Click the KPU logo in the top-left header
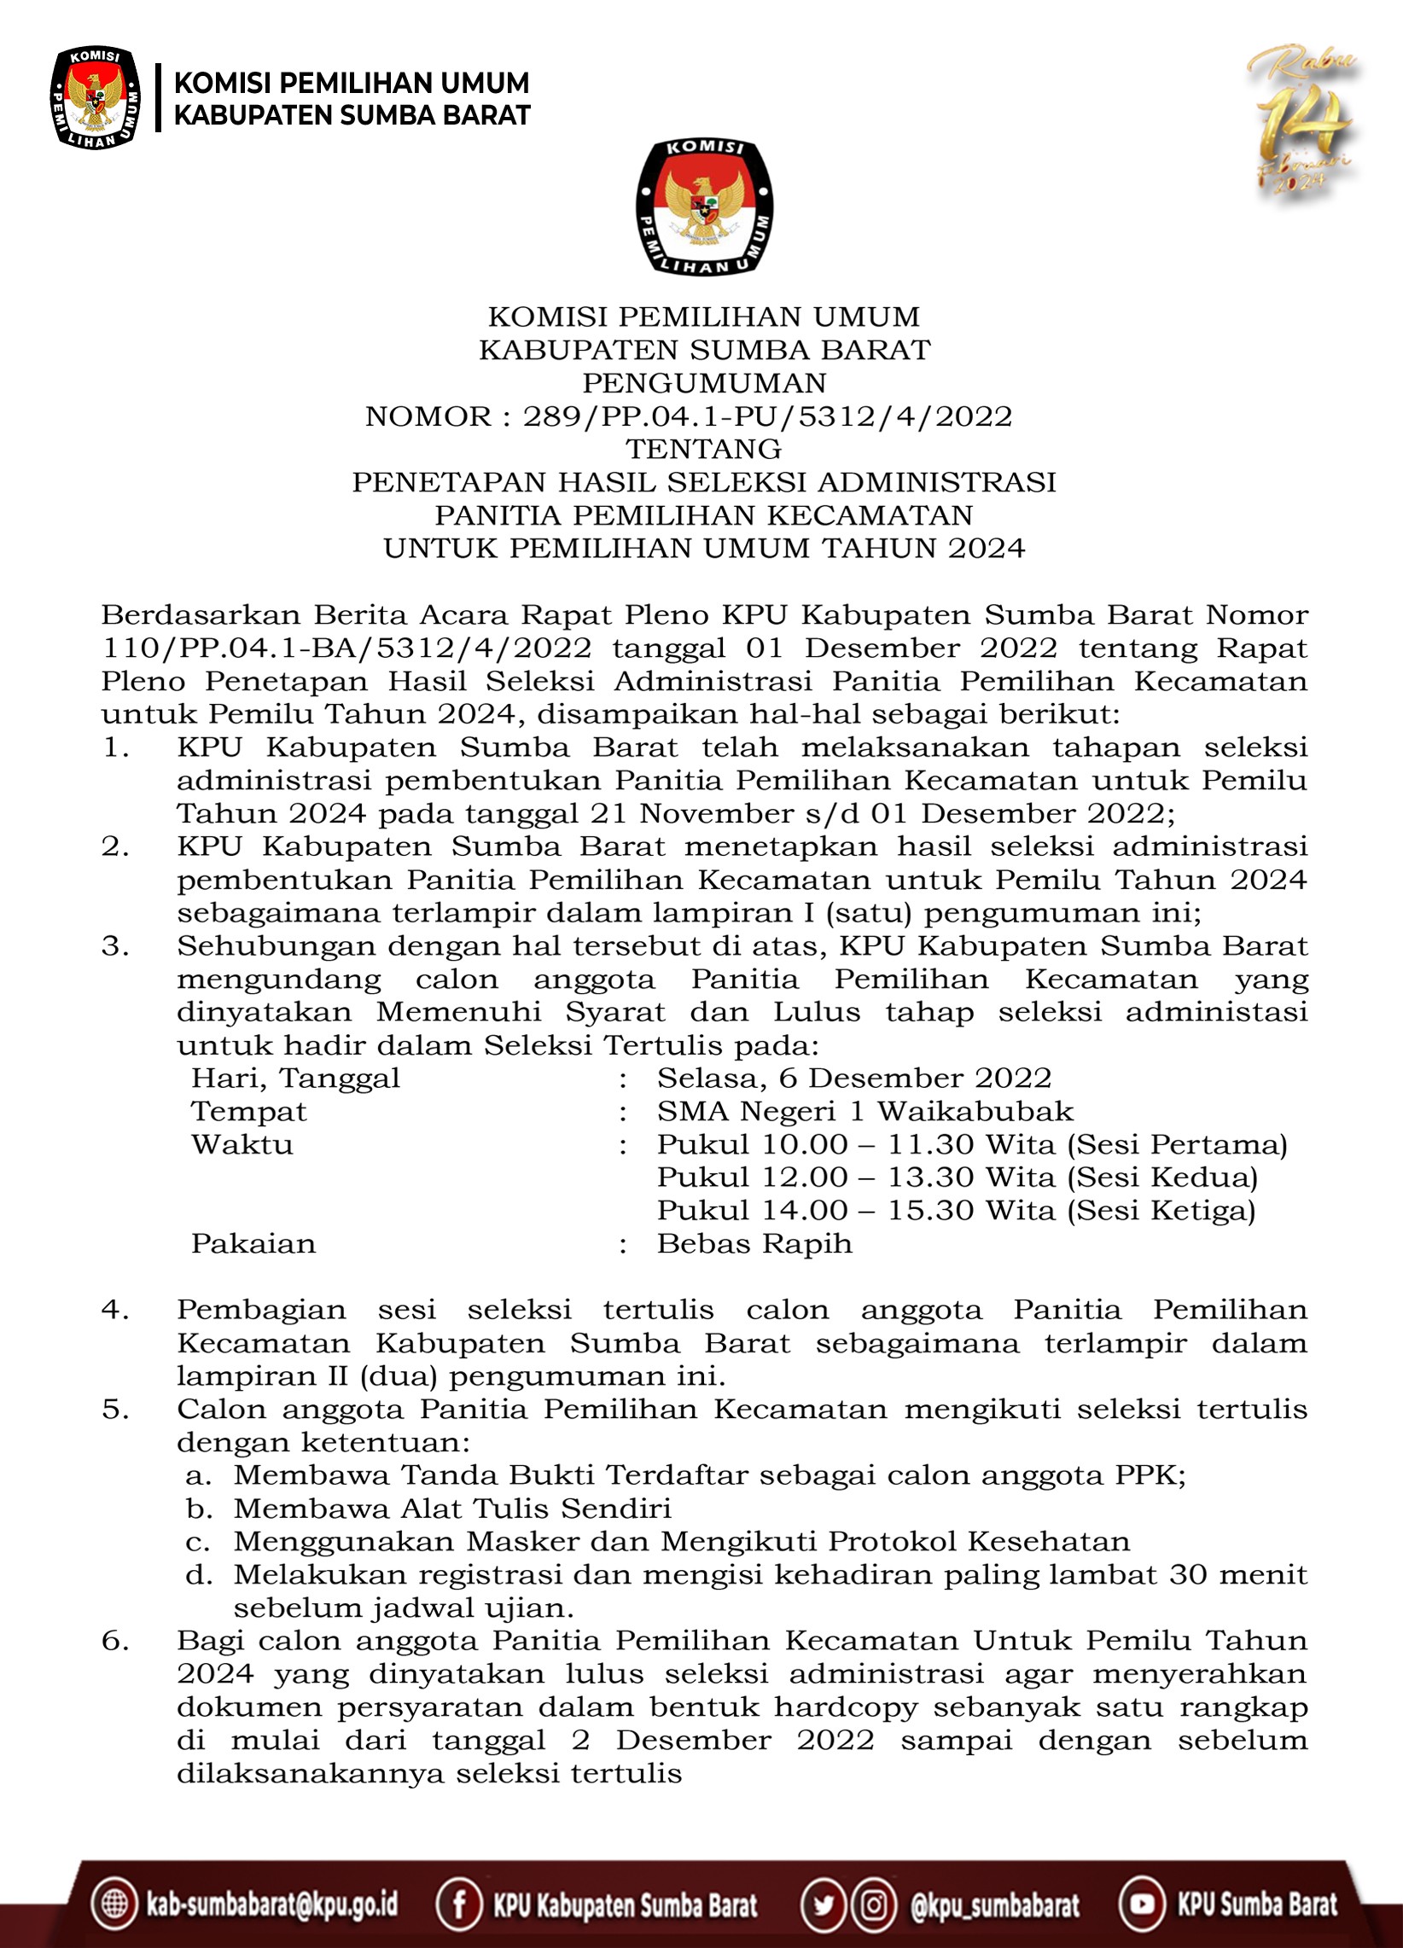tap(96, 98)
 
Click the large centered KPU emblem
tap(704, 206)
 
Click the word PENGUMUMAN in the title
tap(704, 383)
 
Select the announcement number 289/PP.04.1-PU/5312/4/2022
tap(767, 416)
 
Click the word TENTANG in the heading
tap(704, 449)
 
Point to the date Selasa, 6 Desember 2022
tap(854, 1078)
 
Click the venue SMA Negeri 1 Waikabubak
tap(865, 1112)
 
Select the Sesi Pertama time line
tap(972, 1144)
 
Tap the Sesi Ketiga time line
tap(956, 1210)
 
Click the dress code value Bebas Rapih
tap(754, 1244)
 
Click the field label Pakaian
tap(253, 1244)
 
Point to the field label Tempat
tap(248, 1112)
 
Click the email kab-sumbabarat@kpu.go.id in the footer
tap(271, 1904)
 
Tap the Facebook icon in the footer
tap(459, 1904)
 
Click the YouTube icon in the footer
tap(1142, 1904)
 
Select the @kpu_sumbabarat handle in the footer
tap(994, 1905)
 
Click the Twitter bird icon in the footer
tap(823, 1904)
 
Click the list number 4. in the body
tap(115, 1310)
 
